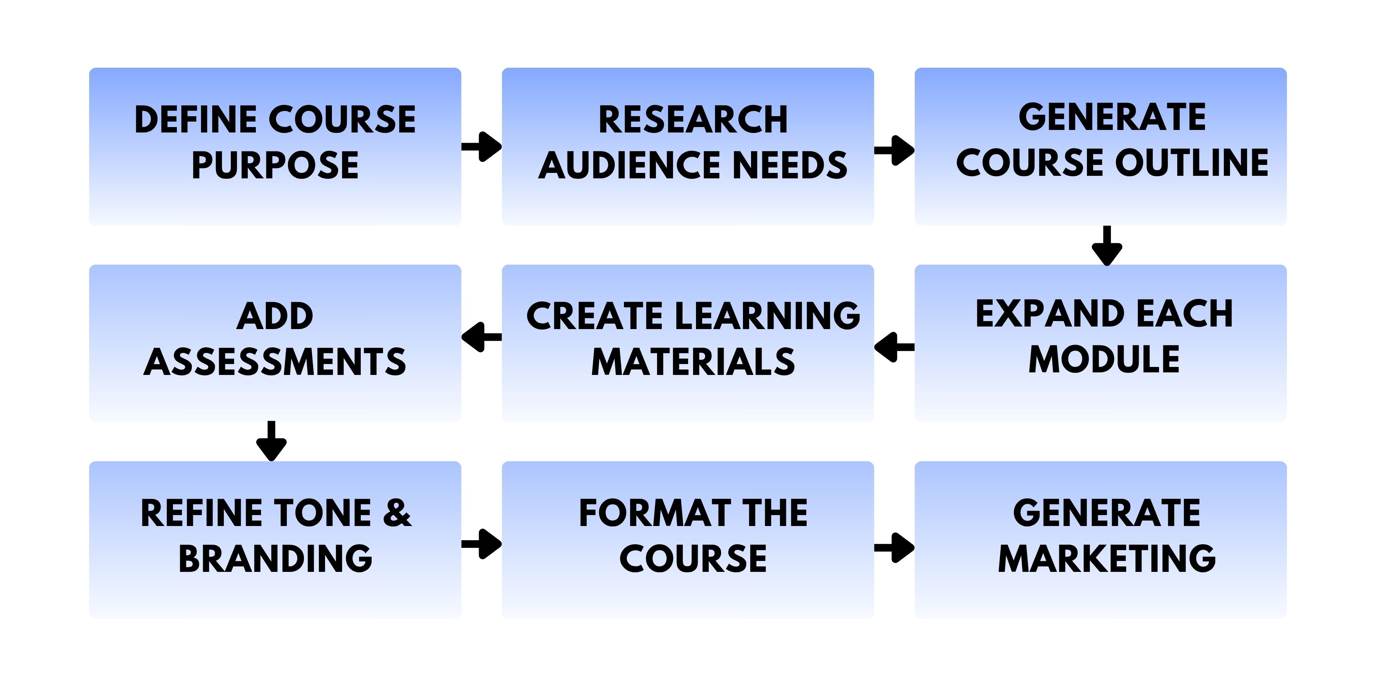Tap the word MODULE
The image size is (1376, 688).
(1104, 360)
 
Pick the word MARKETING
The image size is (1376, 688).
(1106, 559)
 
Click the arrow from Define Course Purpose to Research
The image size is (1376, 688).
(481, 146)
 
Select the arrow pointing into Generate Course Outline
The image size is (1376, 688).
(894, 150)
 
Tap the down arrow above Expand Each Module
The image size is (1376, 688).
(1107, 245)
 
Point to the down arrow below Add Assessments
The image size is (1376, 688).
(271, 441)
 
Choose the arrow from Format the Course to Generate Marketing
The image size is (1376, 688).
(894, 547)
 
